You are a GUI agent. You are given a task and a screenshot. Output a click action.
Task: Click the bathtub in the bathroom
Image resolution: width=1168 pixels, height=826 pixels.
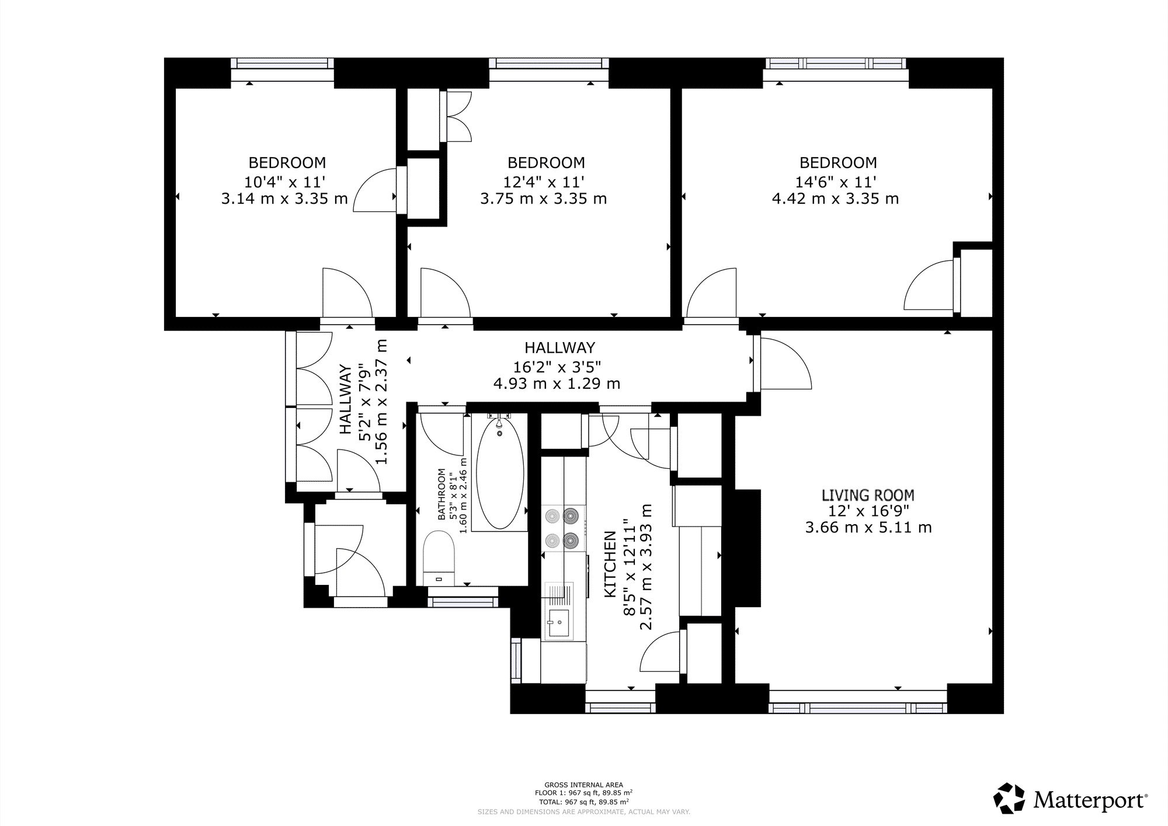pos(500,472)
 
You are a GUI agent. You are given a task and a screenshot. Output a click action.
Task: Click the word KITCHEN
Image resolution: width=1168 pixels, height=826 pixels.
pos(610,564)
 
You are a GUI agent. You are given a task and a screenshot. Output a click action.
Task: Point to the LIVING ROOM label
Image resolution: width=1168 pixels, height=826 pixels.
pos(868,496)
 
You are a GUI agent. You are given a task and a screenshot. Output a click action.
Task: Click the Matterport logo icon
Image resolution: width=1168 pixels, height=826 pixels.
pos(1009,799)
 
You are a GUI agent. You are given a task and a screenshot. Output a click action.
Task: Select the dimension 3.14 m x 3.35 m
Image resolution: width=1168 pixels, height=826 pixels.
pos(284,199)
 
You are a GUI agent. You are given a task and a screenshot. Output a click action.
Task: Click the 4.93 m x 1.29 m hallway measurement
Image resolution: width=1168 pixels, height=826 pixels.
pos(557,384)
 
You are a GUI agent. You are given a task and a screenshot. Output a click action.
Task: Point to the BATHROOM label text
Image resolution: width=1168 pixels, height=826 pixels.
pos(442,494)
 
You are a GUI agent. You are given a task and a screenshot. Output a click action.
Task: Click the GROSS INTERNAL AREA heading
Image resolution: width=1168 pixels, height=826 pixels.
pos(583,785)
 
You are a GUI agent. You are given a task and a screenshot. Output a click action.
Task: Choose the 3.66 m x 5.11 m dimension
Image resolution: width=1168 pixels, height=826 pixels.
pos(868,528)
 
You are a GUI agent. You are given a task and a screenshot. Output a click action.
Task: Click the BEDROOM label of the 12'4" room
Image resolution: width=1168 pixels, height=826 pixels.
pos(546,163)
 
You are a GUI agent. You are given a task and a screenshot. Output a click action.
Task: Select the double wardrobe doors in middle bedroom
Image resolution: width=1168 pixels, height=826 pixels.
pos(459,116)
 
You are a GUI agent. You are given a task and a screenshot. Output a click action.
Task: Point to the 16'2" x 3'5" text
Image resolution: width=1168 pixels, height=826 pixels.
pos(557,367)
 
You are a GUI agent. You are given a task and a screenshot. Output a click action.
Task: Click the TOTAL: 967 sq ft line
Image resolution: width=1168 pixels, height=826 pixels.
pos(583,801)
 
